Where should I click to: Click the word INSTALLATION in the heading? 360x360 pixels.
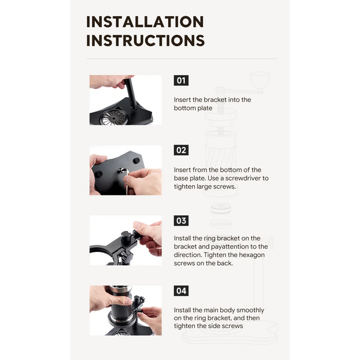click(145, 22)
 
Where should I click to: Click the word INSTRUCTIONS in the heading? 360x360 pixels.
click(145, 40)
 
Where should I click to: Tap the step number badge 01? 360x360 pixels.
click(181, 80)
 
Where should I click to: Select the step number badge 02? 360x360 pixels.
click(181, 150)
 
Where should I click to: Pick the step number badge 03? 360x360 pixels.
click(181, 221)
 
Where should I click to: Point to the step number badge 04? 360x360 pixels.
click(181, 291)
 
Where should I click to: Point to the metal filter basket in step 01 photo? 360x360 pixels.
click(114, 117)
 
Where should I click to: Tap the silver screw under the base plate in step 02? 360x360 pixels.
click(121, 170)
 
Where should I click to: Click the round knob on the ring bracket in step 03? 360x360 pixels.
click(126, 236)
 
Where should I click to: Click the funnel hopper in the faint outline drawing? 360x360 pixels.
click(260, 81)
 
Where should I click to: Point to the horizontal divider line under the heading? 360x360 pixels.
click(182, 59)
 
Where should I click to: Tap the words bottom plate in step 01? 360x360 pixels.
click(193, 108)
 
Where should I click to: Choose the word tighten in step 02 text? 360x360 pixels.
click(184, 187)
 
